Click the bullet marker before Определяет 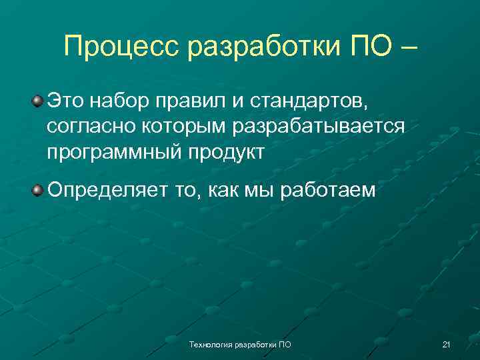38,191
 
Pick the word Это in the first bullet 66,102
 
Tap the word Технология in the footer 208,345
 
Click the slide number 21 447,345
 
